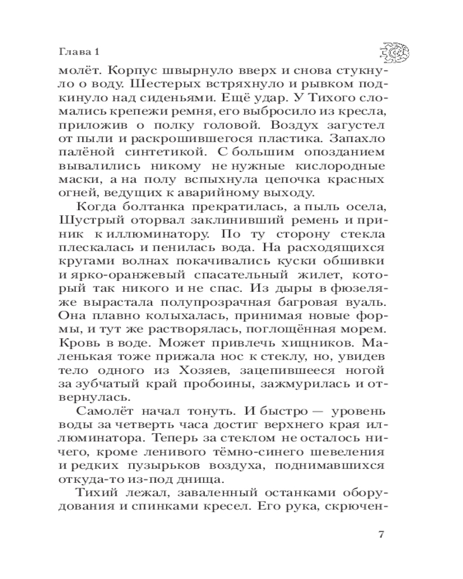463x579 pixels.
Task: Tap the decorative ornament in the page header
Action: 395,53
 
